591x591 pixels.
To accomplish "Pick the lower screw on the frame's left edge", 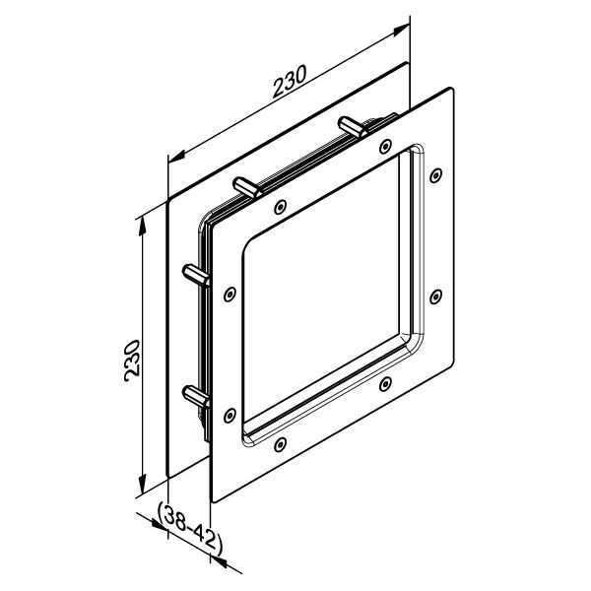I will point(230,414).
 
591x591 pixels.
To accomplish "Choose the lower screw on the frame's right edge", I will point(434,296).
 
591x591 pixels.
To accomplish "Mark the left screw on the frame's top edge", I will point(282,206).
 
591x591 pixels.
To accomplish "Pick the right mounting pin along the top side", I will point(351,125).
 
